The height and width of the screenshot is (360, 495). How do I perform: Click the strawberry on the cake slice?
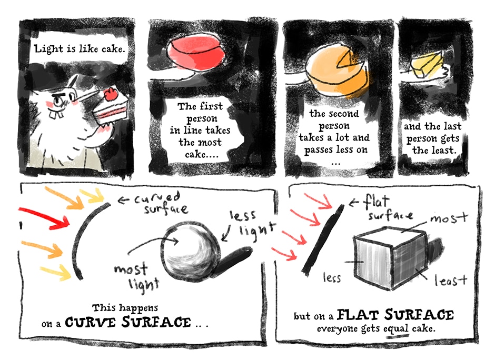pyautogui.click(x=111, y=94)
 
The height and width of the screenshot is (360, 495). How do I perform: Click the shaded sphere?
pyautogui.click(x=190, y=251)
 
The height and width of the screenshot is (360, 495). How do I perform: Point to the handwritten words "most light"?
pyautogui.click(x=136, y=277)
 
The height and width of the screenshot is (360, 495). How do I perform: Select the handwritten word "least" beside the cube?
pyautogui.click(x=450, y=280)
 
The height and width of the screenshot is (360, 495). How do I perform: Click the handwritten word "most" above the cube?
pyautogui.click(x=449, y=218)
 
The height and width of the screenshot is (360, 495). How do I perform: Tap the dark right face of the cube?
pyautogui.click(x=409, y=260)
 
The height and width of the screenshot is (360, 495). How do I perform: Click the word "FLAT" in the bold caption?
pyautogui.click(x=358, y=315)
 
